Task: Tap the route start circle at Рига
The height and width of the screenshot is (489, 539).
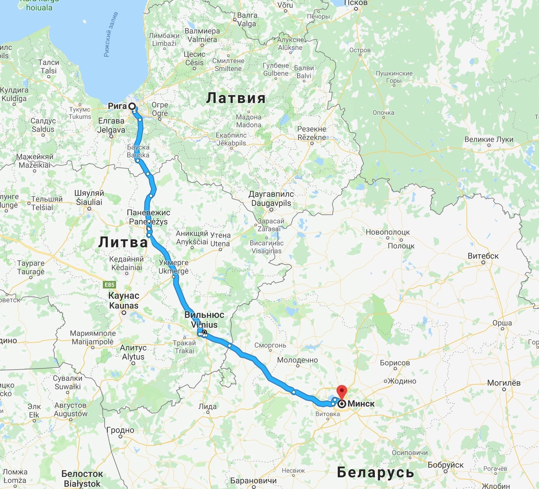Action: tap(132, 106)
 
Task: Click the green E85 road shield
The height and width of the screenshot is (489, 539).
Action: tap(109, 285)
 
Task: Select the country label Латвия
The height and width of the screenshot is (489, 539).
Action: tap(236, 98)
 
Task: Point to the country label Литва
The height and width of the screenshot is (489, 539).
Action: tap(123, 242)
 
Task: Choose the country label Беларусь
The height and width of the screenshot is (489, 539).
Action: tap(375, 472)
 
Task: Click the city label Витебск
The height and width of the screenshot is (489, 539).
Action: tap(483, 256)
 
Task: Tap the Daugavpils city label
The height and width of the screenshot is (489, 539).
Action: tap(271, 203)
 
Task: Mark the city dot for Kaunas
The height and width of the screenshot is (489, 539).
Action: tap(124, 313)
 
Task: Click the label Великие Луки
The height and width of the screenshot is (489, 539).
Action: tap(489, 139)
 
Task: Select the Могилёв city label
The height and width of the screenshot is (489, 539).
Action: tap(504, 383)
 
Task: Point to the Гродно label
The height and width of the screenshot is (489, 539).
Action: tap(120, 430)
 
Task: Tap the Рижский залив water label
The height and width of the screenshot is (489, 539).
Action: tap(111, 35)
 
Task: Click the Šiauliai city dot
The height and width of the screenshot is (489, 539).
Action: tap(89, 208)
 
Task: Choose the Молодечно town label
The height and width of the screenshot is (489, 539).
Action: tap(297, 360)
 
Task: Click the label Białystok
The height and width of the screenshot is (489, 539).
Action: tap(82, 484)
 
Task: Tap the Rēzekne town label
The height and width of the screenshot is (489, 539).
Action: tap(312, 137)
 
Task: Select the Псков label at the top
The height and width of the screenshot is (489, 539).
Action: tap(356, 3)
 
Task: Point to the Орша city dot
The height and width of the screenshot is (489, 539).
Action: tap(503, 329)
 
